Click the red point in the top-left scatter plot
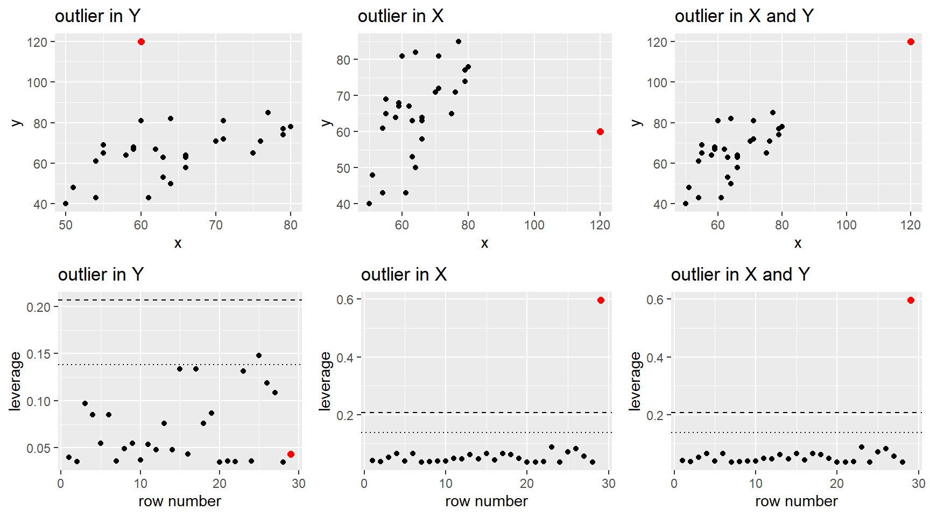141,42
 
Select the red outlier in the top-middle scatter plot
600,132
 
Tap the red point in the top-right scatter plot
911,42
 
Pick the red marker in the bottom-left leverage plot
291,455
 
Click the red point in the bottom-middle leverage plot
601,301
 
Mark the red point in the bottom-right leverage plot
911,301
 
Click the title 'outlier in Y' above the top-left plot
97,16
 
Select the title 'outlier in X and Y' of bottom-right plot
740,275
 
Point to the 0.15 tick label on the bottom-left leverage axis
39,354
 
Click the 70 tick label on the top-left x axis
216,225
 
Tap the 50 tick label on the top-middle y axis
343,168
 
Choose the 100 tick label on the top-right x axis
846,225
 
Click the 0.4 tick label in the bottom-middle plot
345,358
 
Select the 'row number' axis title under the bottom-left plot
180,501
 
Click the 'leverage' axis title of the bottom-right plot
636,381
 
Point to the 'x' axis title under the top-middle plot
484,243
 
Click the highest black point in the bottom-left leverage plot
259,355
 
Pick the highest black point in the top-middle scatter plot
459,41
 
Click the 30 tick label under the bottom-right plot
918,484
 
